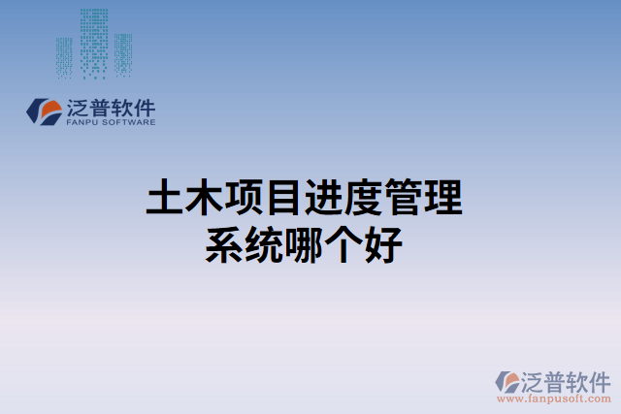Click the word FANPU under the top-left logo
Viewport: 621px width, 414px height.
(x=81, y=123)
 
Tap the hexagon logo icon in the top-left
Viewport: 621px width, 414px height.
(x=43, y=111)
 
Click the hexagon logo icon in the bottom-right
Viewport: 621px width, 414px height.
(x=508, y=382)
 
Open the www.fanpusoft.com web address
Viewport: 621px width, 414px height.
(x=555, y=398)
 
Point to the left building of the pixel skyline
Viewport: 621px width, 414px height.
(x=64, y=56)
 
